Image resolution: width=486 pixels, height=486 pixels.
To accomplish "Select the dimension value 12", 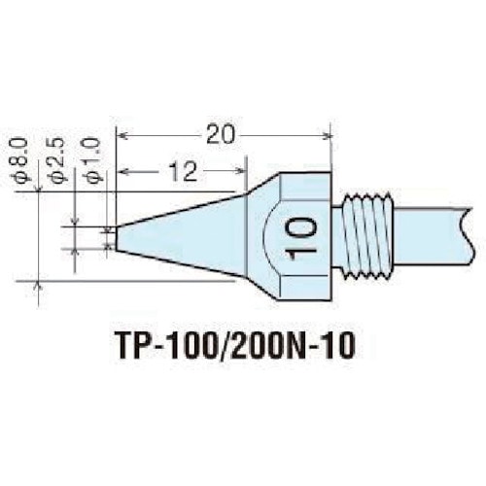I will [181, 172].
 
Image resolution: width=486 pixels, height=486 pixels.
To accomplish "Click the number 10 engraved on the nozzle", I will [300, 234].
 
